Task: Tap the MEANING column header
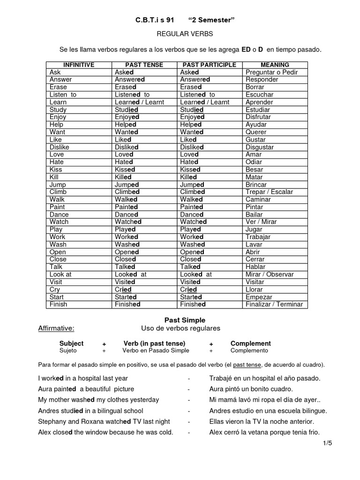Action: pyautogui.click(x=275, y=65)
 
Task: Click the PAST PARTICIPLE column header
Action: pyautogui.click(x=209, y=65)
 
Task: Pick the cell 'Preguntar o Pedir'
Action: pyautogui.click(x=271, y=72)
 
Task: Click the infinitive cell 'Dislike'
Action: pyautogui.click(x=59, y=147)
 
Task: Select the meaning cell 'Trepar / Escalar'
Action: pyautogui.click(x=269, y=192)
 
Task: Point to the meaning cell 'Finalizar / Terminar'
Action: pyautogui.click(x=274, y=304)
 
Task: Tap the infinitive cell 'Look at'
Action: pyautogui.click(x=60, y=274)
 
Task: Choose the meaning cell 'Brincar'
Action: pyautogui.click(x=256, y=185)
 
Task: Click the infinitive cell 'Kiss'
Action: pyautogui.click(x=56, y=169)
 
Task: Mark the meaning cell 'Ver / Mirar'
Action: pyautogui.click(x=261, y=222)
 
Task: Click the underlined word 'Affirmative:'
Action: pyautogui.click(x=56, y=328)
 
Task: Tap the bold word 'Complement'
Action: pyautogui.click(x=250, y=343)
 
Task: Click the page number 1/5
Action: pyautogui.click(x=327, y=443)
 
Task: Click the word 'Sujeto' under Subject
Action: pyautogui.click(x=67, y=351)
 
